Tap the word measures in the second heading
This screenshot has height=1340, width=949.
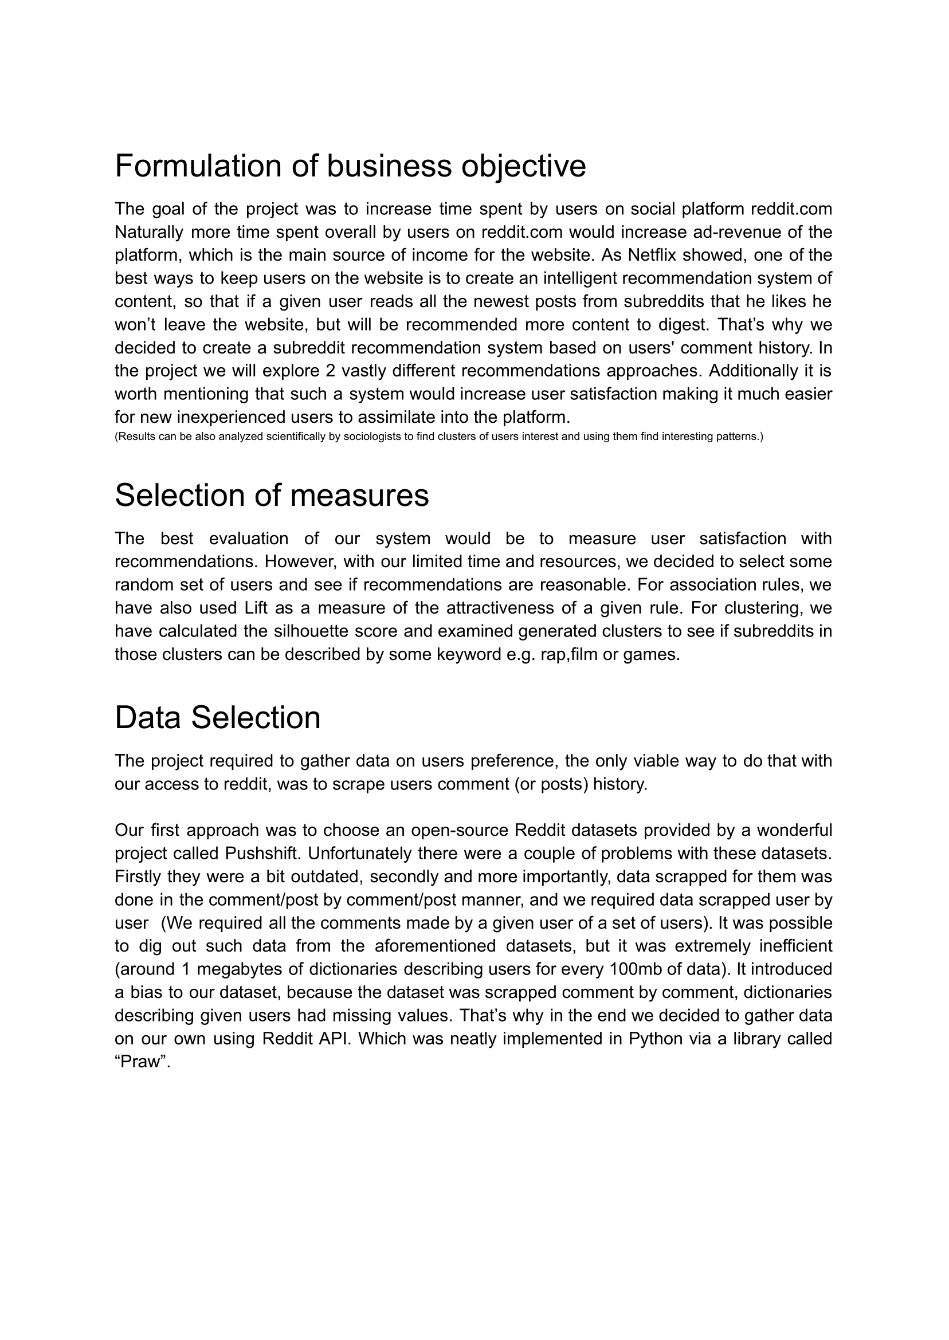(359, 496)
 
